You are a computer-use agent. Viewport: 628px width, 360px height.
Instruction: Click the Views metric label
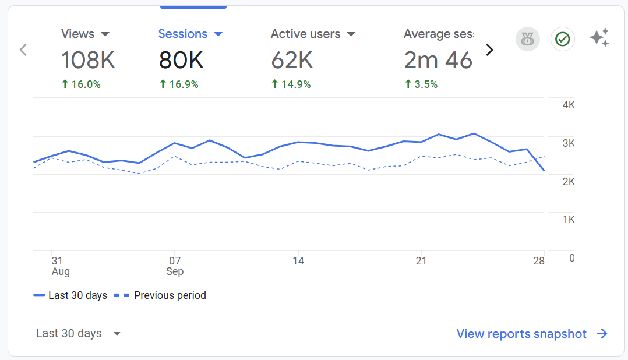click(77, 34)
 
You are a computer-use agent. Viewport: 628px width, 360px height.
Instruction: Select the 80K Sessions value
click(181, 59)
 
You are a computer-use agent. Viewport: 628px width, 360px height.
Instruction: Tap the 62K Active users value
click(292, 59)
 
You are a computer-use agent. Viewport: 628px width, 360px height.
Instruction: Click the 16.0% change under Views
click(81, 84)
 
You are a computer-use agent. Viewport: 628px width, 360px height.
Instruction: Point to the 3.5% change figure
click(421, 84)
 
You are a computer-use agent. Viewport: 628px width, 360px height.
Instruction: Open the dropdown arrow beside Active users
click(351, 34)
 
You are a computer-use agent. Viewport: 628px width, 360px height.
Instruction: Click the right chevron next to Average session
click(489, 50)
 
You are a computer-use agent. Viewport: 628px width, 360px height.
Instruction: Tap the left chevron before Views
click(23, 50)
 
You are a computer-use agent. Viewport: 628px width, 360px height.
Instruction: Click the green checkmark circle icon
click(562, 39)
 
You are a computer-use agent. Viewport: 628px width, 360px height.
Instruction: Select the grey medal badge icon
click(528, 39)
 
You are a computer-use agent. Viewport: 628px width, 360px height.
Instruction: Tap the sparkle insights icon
click(599, 38)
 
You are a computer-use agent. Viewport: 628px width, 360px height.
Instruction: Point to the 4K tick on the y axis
click(568, 105)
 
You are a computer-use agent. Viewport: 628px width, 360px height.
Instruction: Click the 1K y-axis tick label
click(568, 220)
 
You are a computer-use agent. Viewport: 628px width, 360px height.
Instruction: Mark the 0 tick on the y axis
click(571, 257)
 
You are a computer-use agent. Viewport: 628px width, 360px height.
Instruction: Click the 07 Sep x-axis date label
click(175, 266)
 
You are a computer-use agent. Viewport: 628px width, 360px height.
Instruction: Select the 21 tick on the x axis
click(421, 261)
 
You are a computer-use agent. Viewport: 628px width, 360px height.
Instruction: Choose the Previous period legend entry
click(160, 295)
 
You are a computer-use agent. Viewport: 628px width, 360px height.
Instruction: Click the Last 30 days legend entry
click(70, 295)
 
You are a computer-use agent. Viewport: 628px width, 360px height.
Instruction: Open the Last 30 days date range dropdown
click(78, 334)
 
